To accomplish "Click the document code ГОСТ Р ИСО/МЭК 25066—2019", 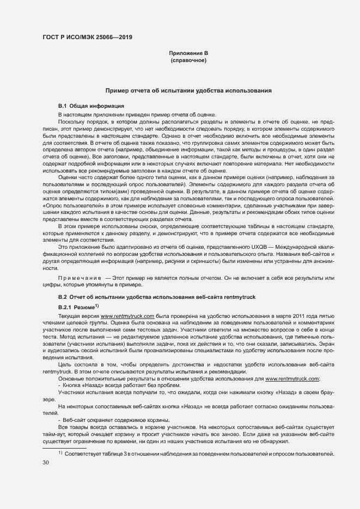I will click(87, 37).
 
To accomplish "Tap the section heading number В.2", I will click(63, 297).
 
